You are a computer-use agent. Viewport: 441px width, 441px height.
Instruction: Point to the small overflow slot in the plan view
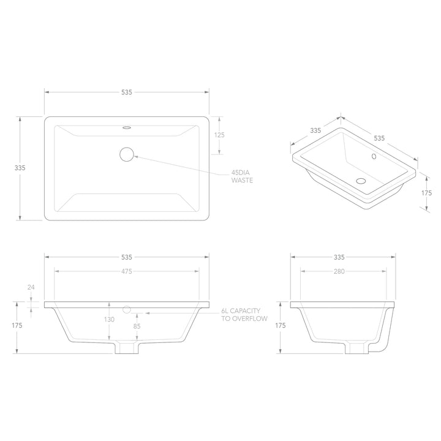(x=127, y=128)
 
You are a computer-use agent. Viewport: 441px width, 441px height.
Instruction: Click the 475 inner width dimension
(x=127, y=271)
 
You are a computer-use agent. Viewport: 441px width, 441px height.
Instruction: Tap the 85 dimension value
(x=137, y=326)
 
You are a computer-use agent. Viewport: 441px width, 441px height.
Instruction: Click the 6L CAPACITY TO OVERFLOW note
(x=242, y=316)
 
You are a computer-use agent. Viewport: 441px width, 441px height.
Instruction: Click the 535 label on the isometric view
(x=379, y=138)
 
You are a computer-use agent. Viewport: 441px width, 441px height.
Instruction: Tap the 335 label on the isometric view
(x=315, y=130)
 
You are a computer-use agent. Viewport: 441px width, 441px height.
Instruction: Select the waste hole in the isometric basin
(x=361, y=181)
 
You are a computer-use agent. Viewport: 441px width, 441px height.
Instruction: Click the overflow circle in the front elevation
(x=127, y=309)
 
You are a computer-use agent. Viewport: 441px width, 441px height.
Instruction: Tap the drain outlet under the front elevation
(x=127, y=349)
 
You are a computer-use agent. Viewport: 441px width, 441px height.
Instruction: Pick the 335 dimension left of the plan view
(x=20, y=167)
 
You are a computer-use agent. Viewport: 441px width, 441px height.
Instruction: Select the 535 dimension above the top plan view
(x=127, y=92)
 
